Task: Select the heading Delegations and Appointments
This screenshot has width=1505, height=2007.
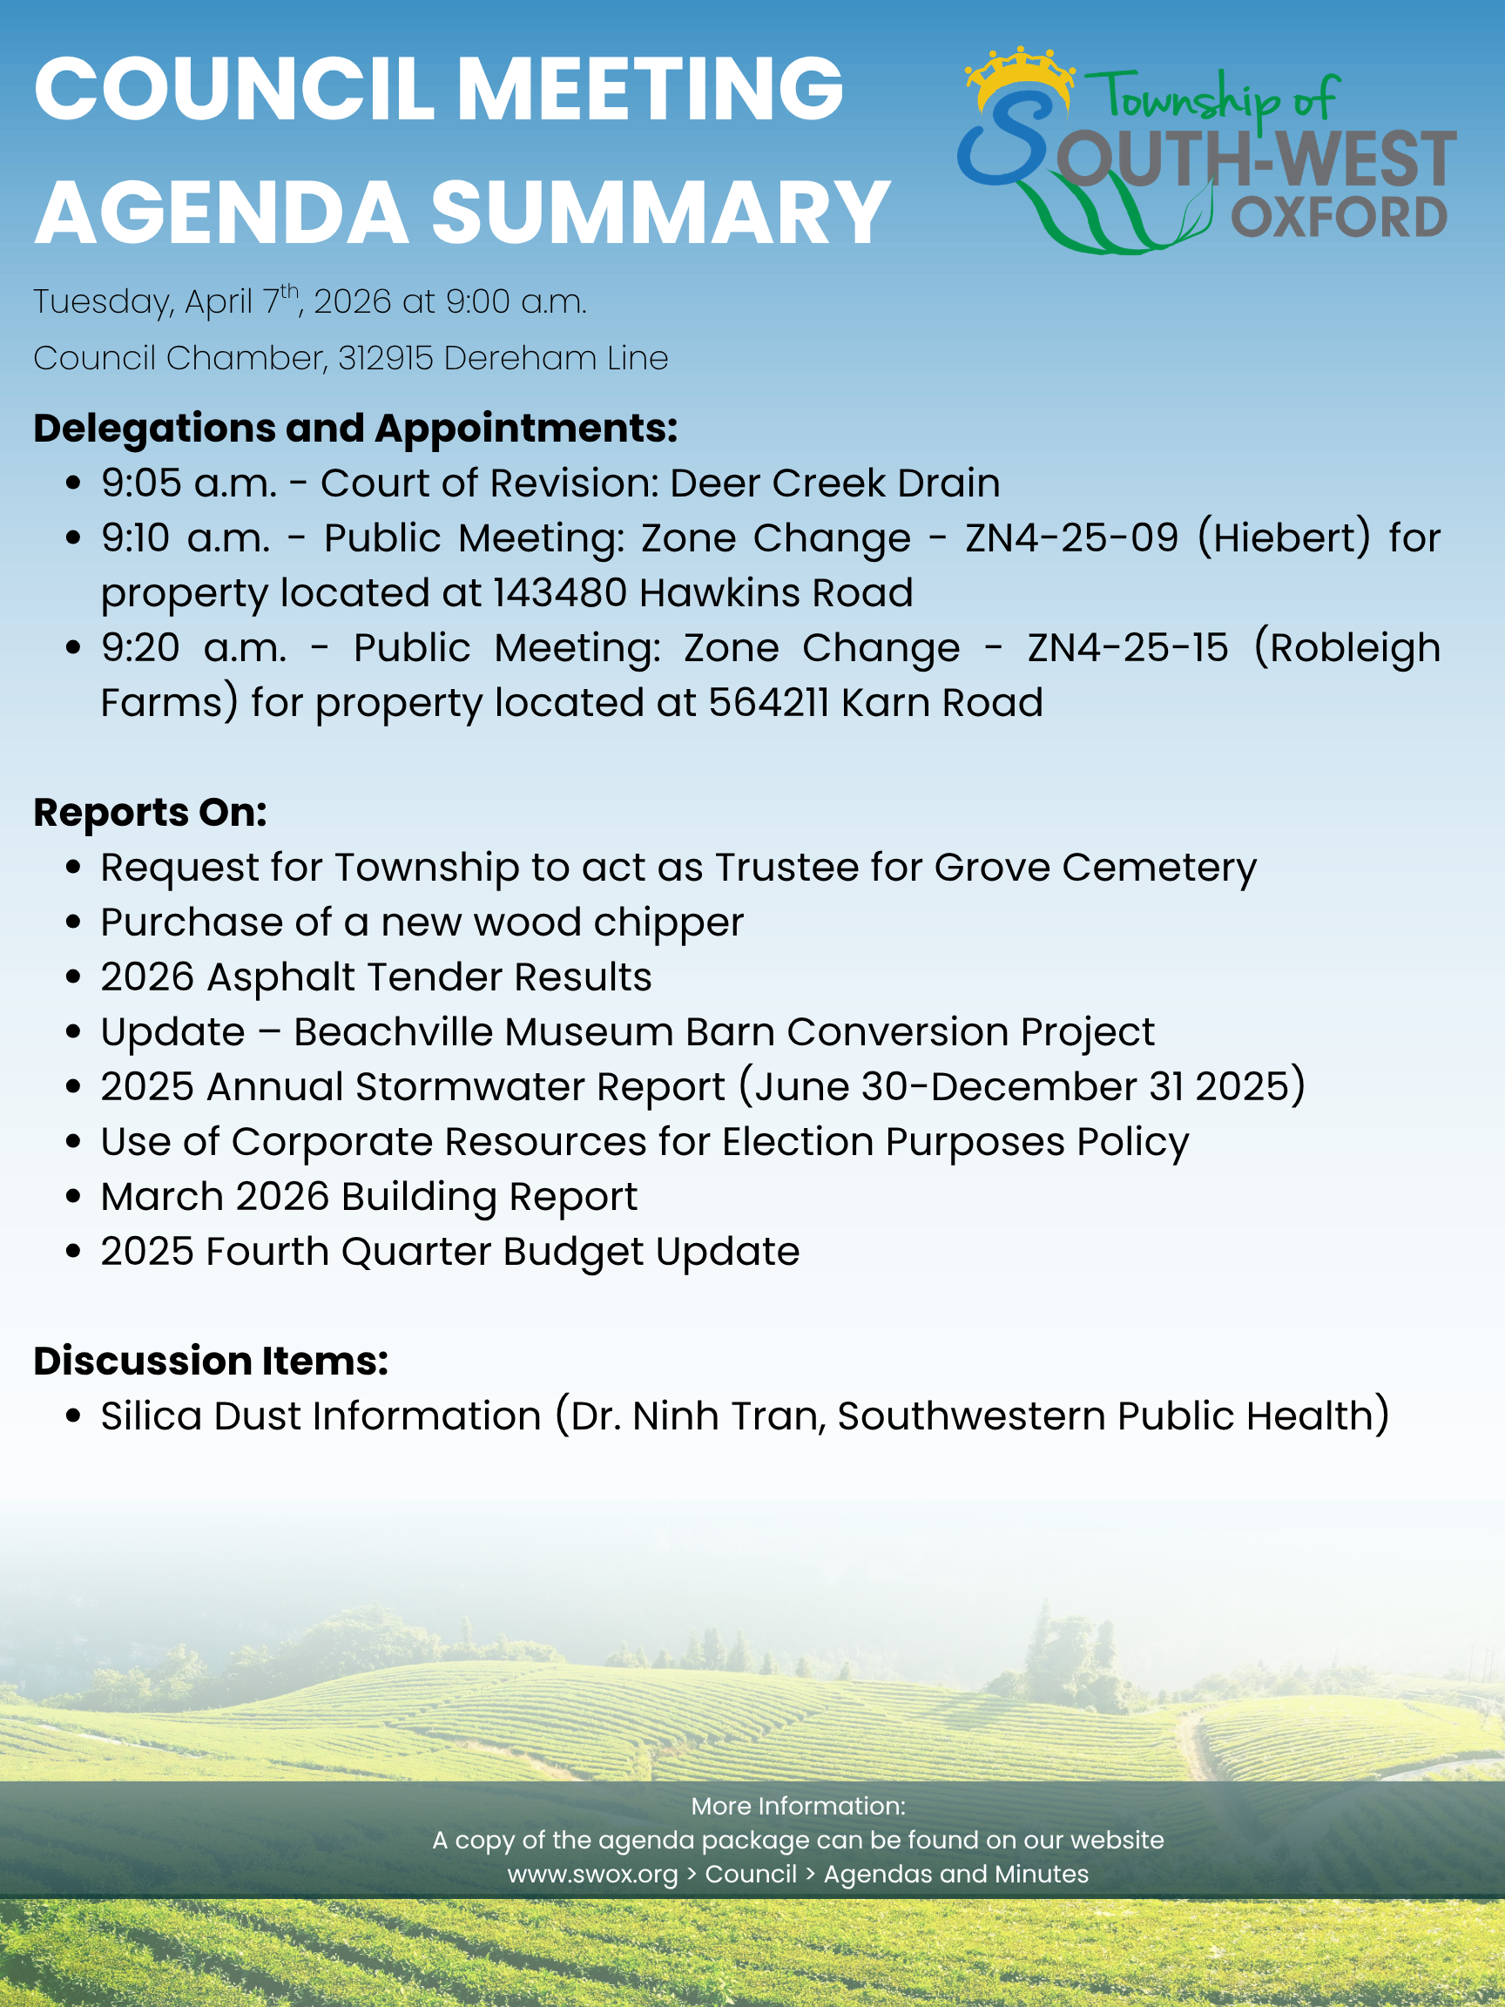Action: (355, 429)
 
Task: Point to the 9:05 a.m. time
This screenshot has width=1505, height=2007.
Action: (189, 483)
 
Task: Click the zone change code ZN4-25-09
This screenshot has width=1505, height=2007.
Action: (1071, 538)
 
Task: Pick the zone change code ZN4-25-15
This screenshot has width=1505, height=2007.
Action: (1128, 648)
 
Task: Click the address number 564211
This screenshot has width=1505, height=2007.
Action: (768, 703)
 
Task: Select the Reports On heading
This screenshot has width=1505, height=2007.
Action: (151, 813)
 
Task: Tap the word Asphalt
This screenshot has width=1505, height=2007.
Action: (281, 977)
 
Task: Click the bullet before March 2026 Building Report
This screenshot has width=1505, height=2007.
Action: (74, 1197)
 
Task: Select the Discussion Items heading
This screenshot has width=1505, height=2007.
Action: (212, 1361)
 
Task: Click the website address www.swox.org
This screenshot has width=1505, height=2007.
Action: (592, 1874)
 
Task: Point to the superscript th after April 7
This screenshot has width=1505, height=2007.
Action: (288, 290)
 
